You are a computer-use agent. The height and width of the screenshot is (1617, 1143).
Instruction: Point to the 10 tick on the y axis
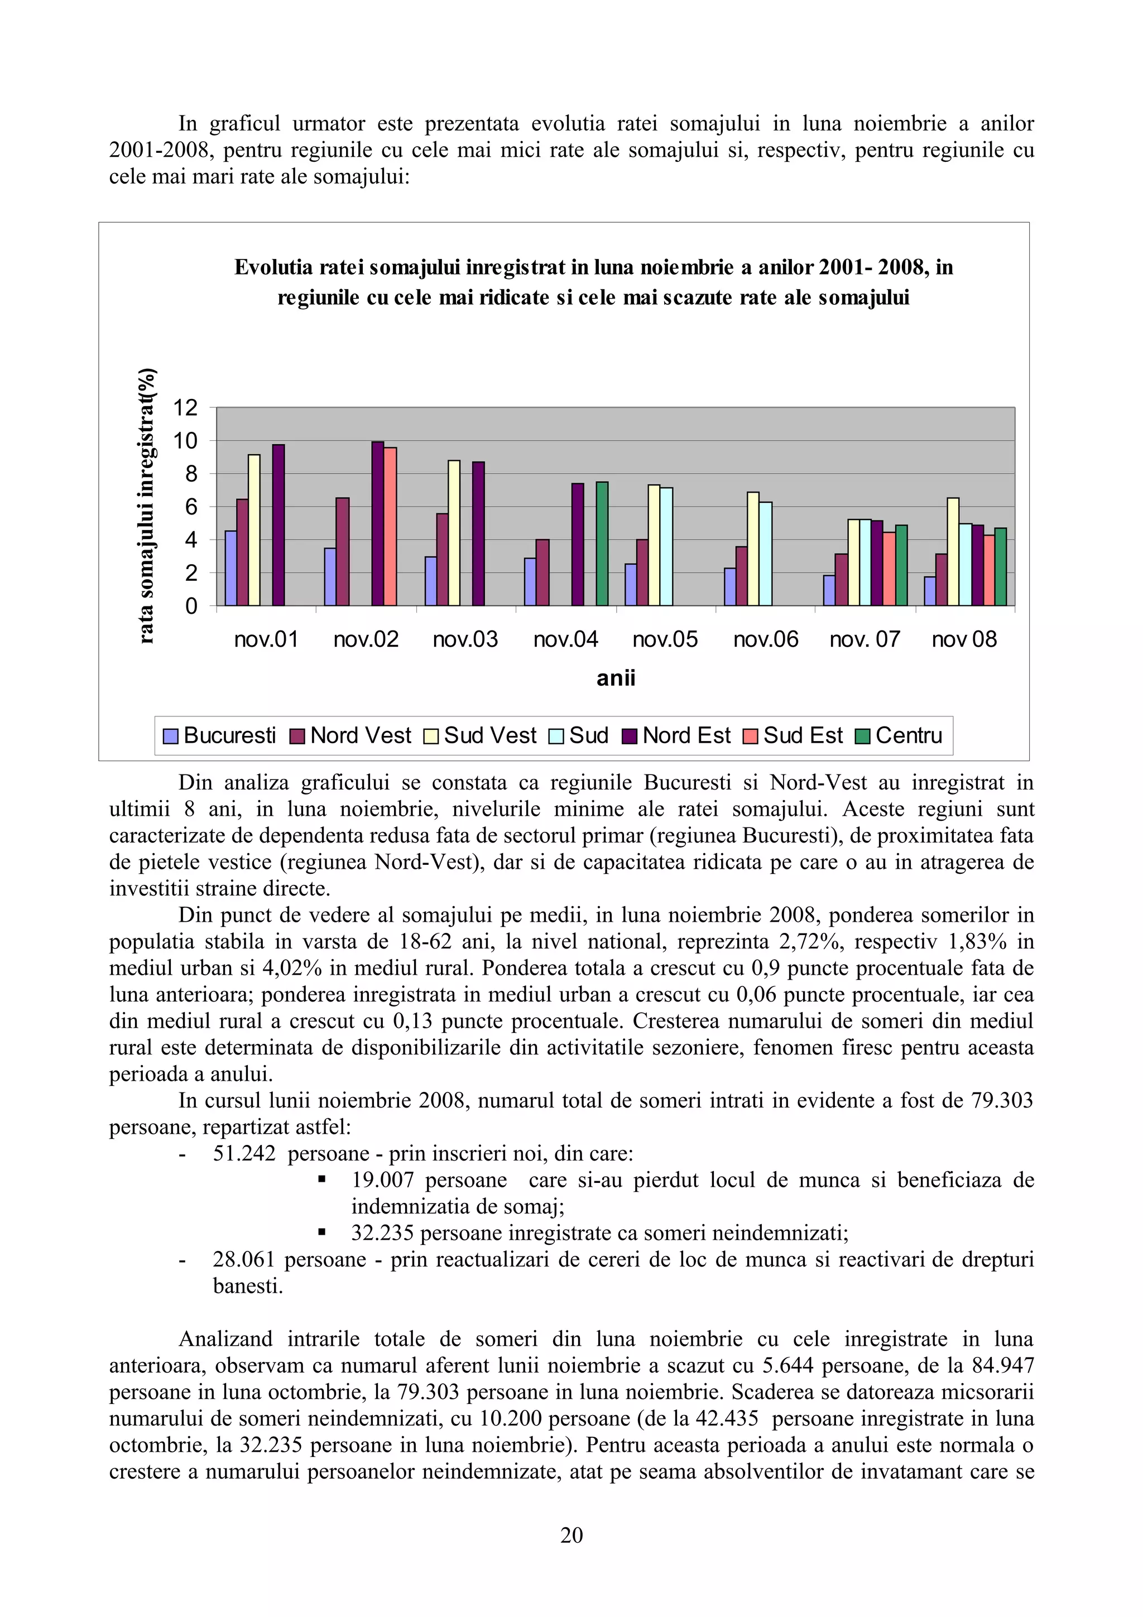click(x=186, y=441)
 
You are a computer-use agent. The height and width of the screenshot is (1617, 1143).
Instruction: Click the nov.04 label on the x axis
click(x=565, y=639)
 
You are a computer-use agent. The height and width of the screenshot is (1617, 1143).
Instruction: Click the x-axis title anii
click(x=616, y=678)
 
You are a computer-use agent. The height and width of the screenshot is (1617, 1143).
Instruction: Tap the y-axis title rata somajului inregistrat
click(x=146, y=505)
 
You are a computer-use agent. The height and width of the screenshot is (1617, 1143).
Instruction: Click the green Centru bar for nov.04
click(x=602, y=543)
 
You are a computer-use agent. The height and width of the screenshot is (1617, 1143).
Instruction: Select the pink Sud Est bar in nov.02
click(x=390, y=526)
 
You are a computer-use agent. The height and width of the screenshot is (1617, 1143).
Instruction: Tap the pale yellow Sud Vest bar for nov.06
click(x=753, y=548)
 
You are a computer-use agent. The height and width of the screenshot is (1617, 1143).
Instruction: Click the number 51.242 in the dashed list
click(x=244, y=1153)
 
